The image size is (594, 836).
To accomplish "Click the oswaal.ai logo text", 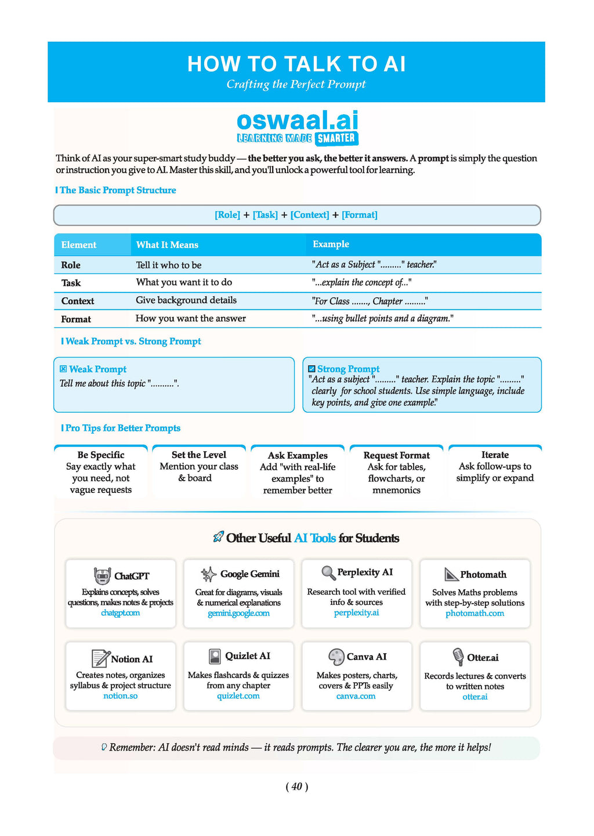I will click(x=298, y=120).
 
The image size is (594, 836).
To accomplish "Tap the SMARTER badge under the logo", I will click(x=337, y=138).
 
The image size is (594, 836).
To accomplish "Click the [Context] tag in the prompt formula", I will click(x=310, y=215).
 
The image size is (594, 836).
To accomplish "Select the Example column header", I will click(x=331, y=244).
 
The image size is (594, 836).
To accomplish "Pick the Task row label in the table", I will click(x=71, y=283).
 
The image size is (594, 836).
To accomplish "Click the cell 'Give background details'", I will click(x=186, y=300).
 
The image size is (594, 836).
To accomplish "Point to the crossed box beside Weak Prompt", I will click(x=63, y=369).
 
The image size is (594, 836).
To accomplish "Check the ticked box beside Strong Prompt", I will click(x=312, y=369).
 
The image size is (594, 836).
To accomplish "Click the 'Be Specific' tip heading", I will click(x=101, y=455).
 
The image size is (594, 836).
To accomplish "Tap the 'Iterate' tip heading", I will click(x=495, y=455).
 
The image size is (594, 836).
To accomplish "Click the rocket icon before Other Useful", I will click(x=218, y=538).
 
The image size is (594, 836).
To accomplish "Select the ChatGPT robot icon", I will click(x=102, y=576).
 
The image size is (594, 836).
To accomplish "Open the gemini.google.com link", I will click(x=238, y=613).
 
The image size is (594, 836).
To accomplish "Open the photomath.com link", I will click(x=475, y=613).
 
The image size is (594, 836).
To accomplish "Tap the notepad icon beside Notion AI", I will click(x=100, y=658).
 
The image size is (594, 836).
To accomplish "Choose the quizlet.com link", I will click(x=238, y=696).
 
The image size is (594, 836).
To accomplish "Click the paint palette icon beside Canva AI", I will click(x=336, y=657).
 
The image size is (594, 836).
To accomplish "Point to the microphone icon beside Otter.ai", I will click(x=458, y=657).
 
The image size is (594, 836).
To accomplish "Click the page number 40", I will click(x=297, y=787).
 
